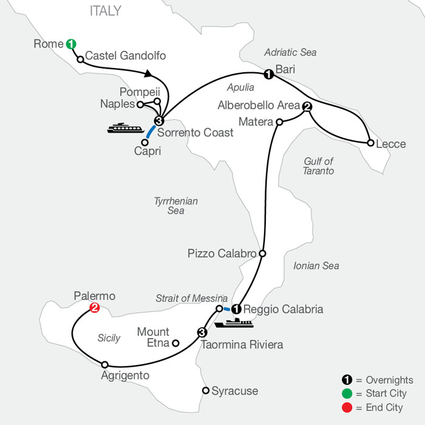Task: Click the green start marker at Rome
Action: point(71,44)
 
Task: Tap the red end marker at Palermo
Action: point(95,308)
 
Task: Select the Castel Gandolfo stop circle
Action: point(80,59)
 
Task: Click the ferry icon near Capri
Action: point(126,128)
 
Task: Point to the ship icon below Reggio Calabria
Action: point(234,323)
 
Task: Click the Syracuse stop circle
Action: point(206,390)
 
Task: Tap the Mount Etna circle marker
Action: point(175,343)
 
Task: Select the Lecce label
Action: point(391,144)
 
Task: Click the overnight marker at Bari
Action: point(268,74)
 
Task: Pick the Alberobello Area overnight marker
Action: point(307,106)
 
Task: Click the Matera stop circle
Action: point(279,122)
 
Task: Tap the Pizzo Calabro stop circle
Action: point(262,253)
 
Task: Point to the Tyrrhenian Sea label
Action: point(176,206)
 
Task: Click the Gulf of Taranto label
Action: point(319,166)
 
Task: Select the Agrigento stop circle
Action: point(104,365)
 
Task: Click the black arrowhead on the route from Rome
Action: point(148,73)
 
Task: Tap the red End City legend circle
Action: point(347,407)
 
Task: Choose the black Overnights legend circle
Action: point(347,379)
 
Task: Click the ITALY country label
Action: point(106,11)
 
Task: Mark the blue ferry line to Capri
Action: point(151,132)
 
